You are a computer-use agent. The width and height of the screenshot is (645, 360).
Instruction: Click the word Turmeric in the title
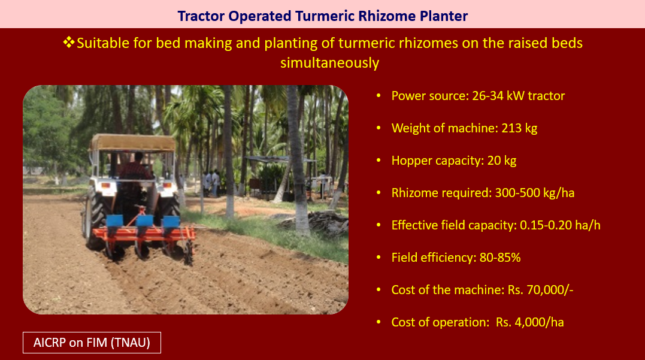(325, 16)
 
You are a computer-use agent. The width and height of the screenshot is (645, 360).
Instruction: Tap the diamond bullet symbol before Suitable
(69, 42)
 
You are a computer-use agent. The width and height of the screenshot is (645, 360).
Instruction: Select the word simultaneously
(329, 63)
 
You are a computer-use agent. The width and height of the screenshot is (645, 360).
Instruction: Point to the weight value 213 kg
(519, 128)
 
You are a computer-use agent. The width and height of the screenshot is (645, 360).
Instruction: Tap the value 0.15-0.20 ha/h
(560, 225)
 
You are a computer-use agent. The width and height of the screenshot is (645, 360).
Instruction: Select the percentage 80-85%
(500, 258)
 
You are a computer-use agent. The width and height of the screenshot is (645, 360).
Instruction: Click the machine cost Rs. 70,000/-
(540, 290)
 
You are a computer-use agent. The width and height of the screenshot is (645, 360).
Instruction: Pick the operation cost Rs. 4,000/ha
(529, 322)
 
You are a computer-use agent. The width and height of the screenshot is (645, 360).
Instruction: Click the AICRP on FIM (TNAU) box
(92, 342)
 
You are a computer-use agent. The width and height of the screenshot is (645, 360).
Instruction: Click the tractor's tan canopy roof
(133, 143)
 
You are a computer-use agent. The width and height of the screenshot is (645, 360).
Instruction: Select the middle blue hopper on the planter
(144, 220)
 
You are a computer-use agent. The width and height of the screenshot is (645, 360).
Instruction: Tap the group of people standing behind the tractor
(211, 183)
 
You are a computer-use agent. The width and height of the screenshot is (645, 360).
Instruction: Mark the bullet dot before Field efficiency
(378, 258)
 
